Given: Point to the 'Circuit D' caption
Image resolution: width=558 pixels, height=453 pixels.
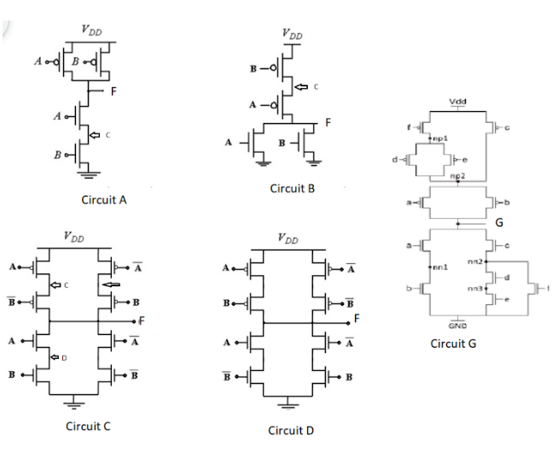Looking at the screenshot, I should [x=291, y=429].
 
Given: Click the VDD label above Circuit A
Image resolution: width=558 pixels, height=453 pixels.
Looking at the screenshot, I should [x=91, y=28].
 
